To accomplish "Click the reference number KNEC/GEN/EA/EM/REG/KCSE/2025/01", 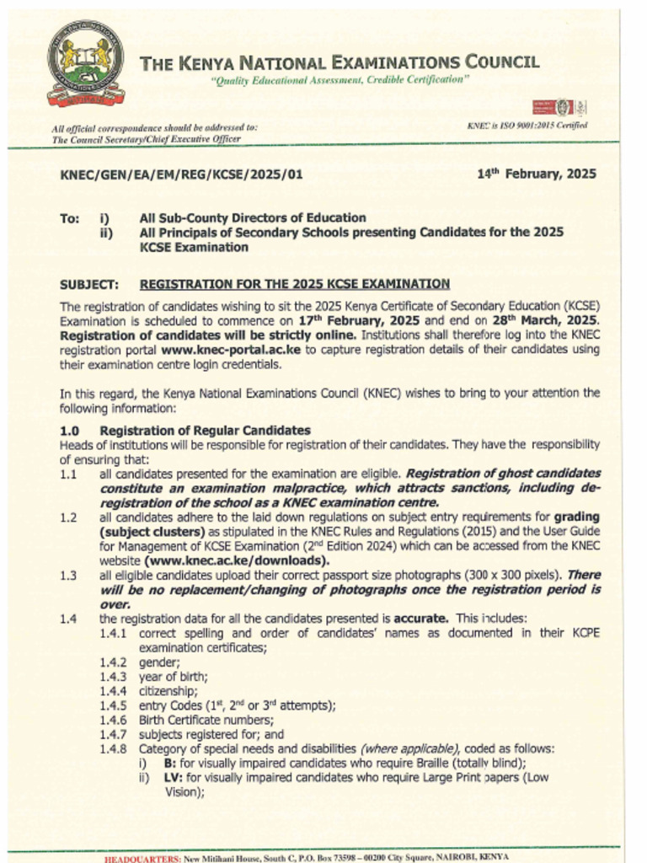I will click(180, 175).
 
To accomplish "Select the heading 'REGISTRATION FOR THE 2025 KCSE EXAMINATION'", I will click(294, 284).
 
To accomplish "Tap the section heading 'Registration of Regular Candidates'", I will click(205, 431).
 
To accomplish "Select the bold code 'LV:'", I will click(173, 777).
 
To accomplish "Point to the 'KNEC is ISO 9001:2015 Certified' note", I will click(527, 126).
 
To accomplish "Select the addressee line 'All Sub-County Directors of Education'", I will click(252, 218).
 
